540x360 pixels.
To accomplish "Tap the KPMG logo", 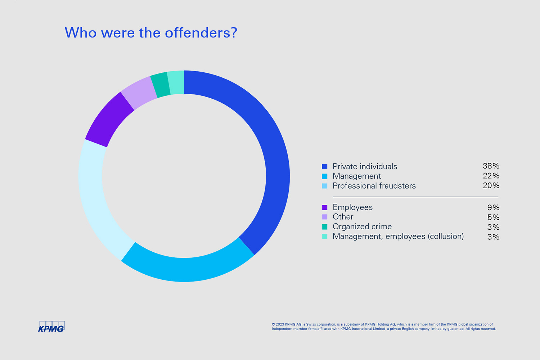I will click(x=51, y=327).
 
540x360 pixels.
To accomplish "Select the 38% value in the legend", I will click(x=491, y=166).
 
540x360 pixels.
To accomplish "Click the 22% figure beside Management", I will click(x=491, y=176).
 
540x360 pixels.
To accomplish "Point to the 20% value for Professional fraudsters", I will click(x=491, y=185).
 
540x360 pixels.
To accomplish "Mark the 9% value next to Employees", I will click(x=493, y=208).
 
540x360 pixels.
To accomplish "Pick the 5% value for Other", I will click(x=493, y=217).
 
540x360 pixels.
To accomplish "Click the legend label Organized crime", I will click(x=362, y=227).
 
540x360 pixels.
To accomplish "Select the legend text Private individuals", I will click(x=365, y=167).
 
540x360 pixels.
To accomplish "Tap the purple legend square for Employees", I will click(x=325, y=207).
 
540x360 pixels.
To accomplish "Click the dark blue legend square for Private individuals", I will click(x=325, y=167).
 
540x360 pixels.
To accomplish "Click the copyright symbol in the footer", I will click(x=274, y=324).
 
